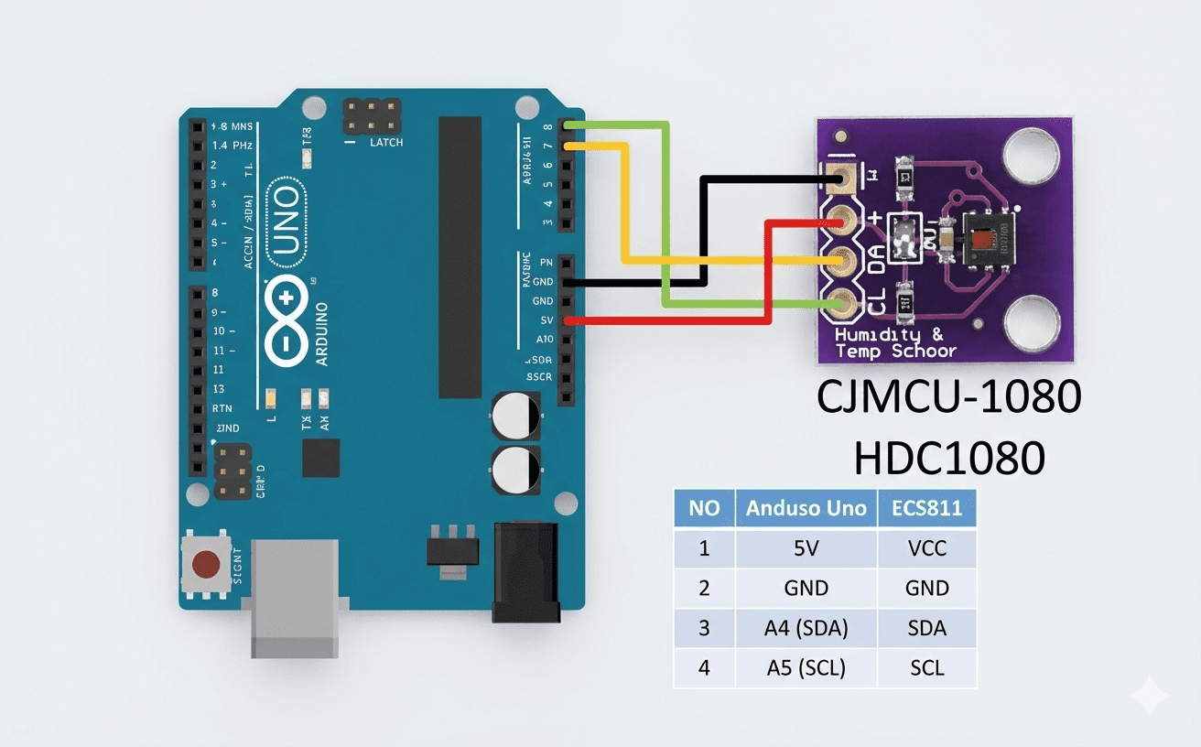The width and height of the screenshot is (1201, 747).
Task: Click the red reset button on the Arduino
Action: point(207,564)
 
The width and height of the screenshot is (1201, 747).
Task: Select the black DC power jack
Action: point(527,572)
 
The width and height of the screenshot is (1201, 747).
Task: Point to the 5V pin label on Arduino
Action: point(546,320)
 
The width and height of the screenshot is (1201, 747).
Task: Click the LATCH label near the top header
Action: point(385,143)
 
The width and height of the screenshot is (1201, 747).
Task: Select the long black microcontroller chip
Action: point(460,257)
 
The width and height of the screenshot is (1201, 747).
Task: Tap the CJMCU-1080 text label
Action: point(948,398)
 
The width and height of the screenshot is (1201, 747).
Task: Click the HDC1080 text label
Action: point(948,457)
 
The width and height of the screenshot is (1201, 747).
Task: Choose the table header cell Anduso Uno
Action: point(806,508)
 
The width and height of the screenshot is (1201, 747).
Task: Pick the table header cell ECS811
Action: point(926,508)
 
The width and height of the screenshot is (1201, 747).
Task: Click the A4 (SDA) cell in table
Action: point(806,628)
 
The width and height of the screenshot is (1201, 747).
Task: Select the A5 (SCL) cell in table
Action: point(806,668)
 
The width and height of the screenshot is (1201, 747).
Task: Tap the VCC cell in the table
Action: point(926,548)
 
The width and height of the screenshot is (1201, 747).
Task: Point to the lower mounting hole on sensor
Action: point(1031,325)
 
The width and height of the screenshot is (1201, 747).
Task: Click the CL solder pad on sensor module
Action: point(843,302)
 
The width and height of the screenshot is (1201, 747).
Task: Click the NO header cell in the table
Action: point(704,508)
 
